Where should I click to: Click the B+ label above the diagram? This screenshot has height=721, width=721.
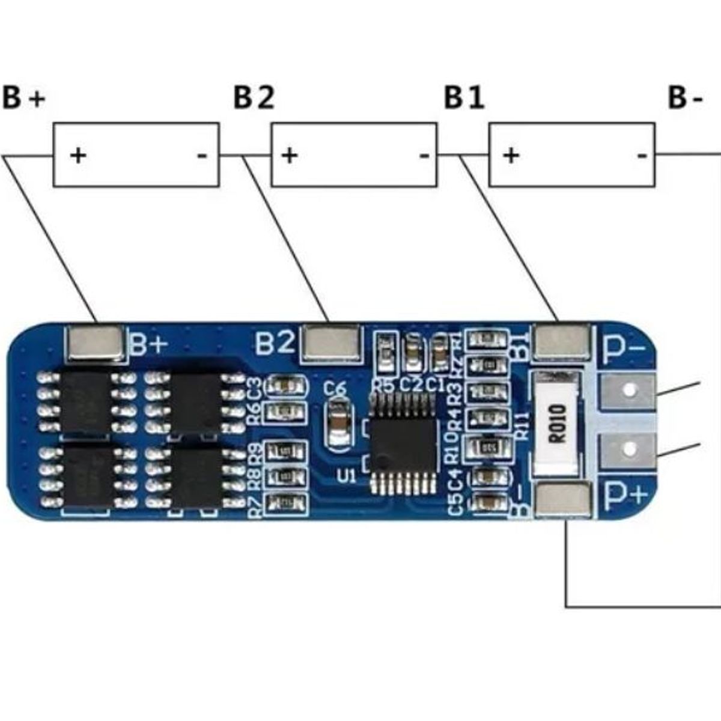coord(24,97)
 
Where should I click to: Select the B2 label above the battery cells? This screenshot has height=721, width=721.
coord(254,97)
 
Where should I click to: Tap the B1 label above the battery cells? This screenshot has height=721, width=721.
coord(464,97)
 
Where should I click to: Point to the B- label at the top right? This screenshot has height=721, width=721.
coord(685,97)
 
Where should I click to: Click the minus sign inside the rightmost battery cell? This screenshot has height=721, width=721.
coord(642,156)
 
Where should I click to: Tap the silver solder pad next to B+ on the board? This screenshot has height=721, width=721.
coord(97,343)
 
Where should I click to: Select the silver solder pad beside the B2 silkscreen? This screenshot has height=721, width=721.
coord(330,343)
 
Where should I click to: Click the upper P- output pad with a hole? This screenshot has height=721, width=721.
coord(628,391)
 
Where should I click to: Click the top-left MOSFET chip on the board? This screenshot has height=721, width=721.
coord(85,401)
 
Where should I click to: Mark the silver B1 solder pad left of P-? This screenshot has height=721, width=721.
coord(562,342)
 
